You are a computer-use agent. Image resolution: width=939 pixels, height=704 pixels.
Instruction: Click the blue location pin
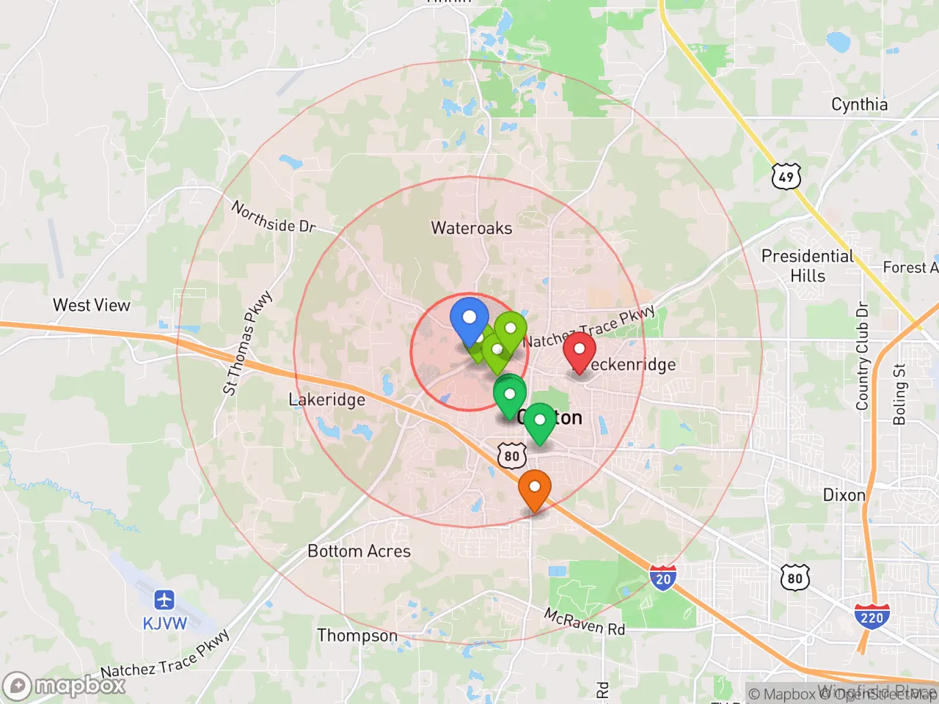(469, 319)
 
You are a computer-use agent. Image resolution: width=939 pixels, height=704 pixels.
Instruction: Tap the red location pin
(579, 351)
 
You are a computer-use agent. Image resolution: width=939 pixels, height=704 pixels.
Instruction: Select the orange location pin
(535, 488)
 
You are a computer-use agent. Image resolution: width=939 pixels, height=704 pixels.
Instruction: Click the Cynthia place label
(859, 104)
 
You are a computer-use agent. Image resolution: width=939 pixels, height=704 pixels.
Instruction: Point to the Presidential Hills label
(808, 265)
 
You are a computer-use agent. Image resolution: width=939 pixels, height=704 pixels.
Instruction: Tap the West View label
(92, 305)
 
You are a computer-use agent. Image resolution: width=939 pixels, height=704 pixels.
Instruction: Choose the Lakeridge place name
(326, 400)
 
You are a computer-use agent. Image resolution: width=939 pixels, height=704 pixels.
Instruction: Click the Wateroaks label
(472, 228)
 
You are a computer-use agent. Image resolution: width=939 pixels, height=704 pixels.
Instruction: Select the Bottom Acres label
(359, 551)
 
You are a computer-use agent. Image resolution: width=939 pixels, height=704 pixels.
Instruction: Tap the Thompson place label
(357, 635)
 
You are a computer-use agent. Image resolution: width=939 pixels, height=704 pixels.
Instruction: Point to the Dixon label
(844, 495)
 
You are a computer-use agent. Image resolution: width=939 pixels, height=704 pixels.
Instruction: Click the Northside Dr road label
(274, 217)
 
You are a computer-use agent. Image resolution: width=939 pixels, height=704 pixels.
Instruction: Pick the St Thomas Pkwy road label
(247, 343)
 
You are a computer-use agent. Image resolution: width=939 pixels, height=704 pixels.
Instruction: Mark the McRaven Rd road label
(585, 622)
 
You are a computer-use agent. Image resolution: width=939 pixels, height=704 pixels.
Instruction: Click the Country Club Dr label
(862, 356)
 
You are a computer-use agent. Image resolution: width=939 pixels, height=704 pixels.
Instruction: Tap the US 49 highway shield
(786, 177)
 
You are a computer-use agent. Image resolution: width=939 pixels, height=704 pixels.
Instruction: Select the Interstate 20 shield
(663, 578)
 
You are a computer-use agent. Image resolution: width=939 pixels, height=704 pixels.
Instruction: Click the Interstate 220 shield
(872, 617)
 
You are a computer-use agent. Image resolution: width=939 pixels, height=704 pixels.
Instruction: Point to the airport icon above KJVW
(164, 600)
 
